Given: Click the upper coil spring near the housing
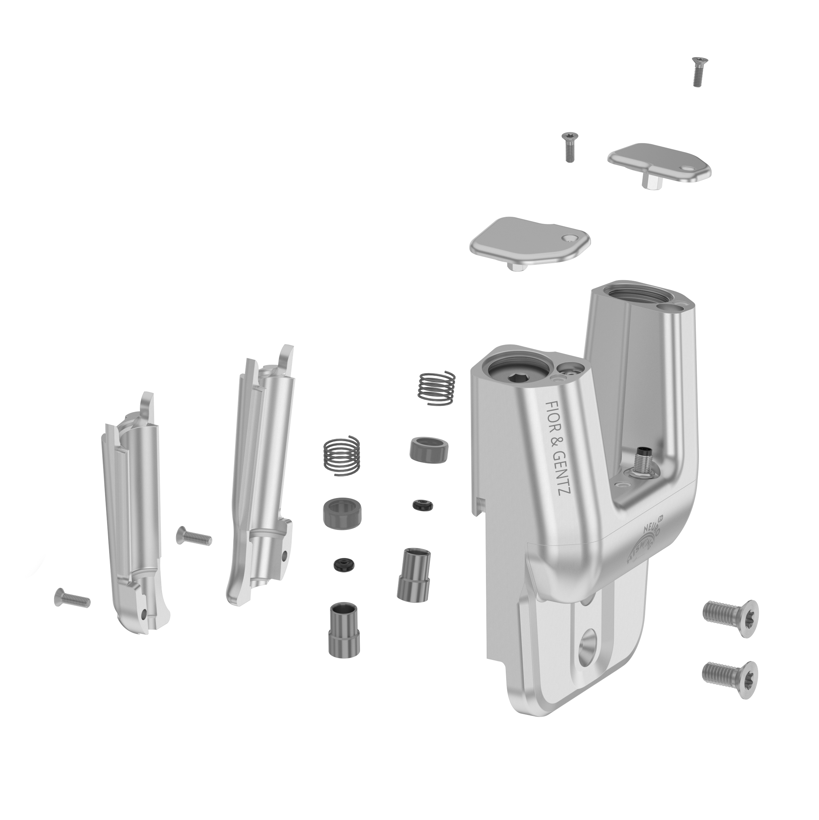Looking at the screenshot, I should click(436, 388).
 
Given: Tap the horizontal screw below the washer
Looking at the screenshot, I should click(72, 598).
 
